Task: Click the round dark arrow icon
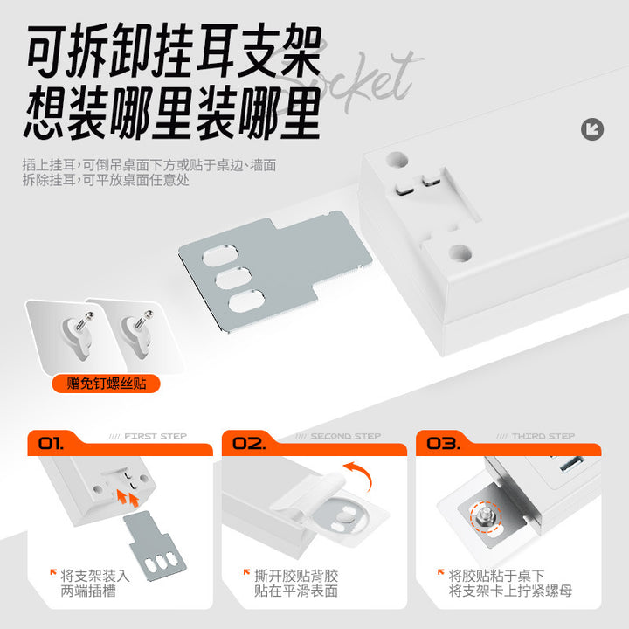coord(592,129)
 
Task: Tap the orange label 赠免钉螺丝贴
coord(107,384)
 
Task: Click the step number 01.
coord(51,443)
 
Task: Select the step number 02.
coord(249,443)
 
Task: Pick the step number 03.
coord(443,443)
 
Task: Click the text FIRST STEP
coord(156,436)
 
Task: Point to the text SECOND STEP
coord(346,436)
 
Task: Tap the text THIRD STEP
coord(543,436)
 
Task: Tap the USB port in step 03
coord(571,463)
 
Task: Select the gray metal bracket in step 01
coord(155,546)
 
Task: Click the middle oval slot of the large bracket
coord(233,279)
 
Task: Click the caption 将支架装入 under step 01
coord(95,576)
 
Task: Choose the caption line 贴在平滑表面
coord(296,591)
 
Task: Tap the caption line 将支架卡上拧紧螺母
coord(510,591)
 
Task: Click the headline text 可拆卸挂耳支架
coord(174,51)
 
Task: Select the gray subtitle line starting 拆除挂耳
coord(106,180)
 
